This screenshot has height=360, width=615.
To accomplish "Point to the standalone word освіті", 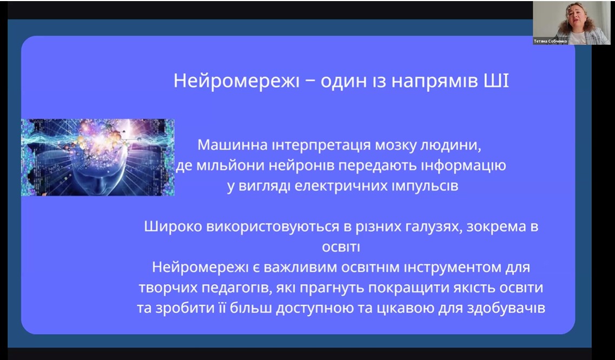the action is pos(341,247).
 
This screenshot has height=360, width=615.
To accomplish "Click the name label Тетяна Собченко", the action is pos(550,41).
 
